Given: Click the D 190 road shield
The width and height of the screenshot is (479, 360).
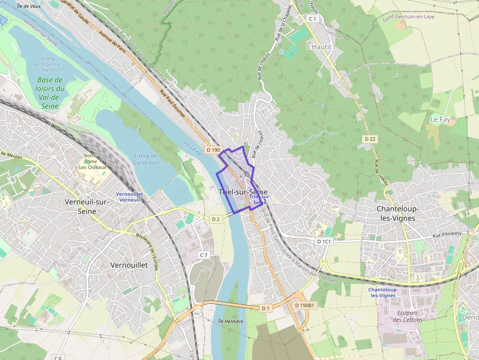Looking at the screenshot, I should pyautogui.click(x=214, y=150).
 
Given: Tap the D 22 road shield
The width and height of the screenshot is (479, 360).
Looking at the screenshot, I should pyautogui.click(x=370, y=139).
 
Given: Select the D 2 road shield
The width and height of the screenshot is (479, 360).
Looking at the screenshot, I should pyautogui.click(x=216, y=219).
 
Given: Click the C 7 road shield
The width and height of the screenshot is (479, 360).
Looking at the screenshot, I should pyautogui.click(x=204, y=255).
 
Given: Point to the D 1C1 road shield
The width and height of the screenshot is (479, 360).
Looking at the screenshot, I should pyautogui.click(x=324, y=241).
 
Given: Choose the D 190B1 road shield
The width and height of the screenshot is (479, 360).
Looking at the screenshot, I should pyautogui.click(x=305, y=305).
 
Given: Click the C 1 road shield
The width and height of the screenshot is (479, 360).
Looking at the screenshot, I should pyautogui.click(x=313, y=19).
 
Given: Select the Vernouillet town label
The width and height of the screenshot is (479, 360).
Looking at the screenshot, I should pyautogui.click(x=129, y=265).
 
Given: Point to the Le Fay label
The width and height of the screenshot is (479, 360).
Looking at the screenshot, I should pyautogui.click(x=440, y=119).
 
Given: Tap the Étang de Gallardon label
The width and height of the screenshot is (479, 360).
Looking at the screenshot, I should pyautogui.click(x=146, y=159).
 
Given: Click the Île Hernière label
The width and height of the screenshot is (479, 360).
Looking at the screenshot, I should pyautogui.click(x=231, y=321).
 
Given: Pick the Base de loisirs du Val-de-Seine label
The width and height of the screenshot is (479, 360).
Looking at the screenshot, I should pyautogui.click(x=50, y=93).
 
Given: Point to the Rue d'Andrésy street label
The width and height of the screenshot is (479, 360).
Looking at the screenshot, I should pyautogui.click(x=447, y=233).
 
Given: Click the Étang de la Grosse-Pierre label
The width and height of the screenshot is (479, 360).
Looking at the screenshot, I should pyautogui.click(x=48, y=64).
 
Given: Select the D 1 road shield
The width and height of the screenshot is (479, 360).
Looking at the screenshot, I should pyautogui.click(x=265, y=308).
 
